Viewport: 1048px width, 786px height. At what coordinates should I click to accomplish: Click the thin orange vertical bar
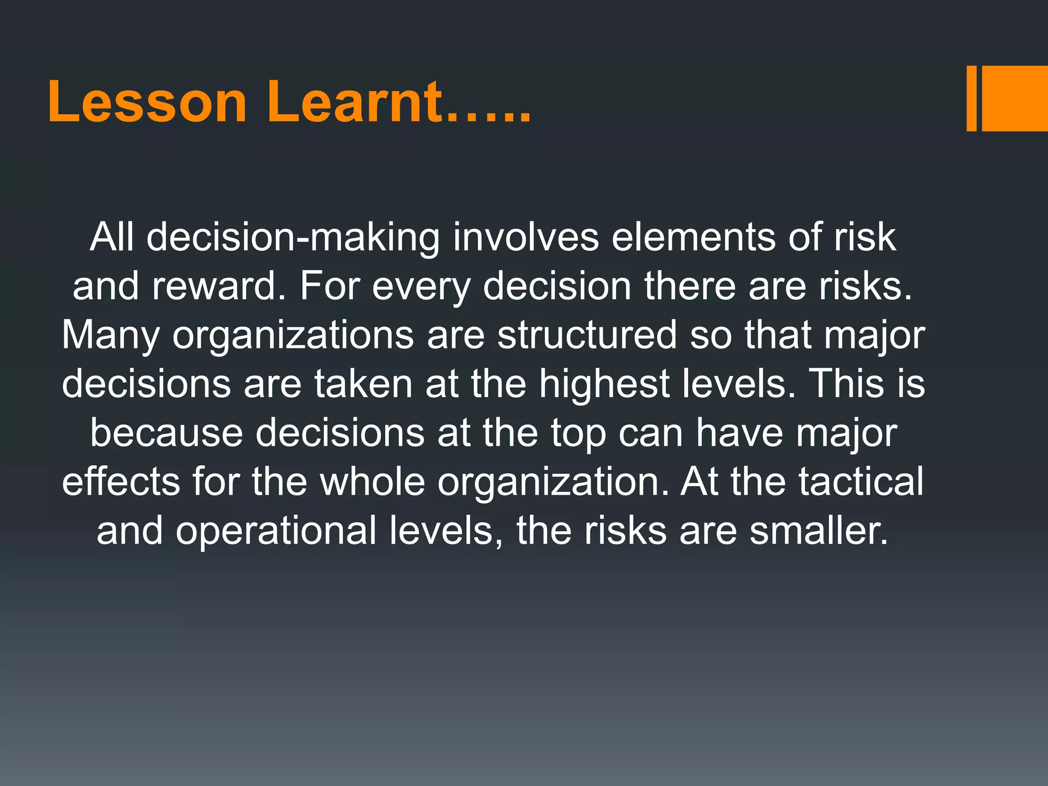(x=971, y=98)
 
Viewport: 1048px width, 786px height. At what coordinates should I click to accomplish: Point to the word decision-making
(x=293, y=238)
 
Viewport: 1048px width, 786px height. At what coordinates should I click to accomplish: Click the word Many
(x=111, y=336)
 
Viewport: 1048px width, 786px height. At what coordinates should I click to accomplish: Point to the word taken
(x=363, y=383)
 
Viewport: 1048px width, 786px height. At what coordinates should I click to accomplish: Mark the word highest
(x=604, y=384)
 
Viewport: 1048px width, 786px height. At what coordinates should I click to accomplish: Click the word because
(x=166, y=432)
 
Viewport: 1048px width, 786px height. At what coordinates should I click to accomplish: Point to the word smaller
(x=818, y=530)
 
